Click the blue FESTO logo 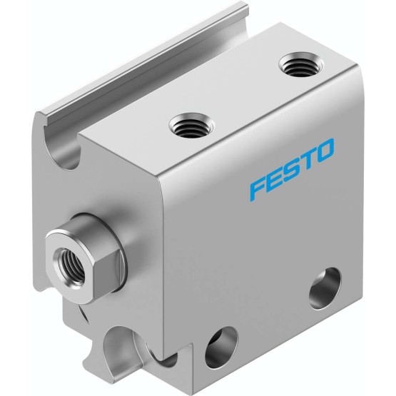(292, 171)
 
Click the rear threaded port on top (301, 64)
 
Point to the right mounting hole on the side (325, 289)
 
